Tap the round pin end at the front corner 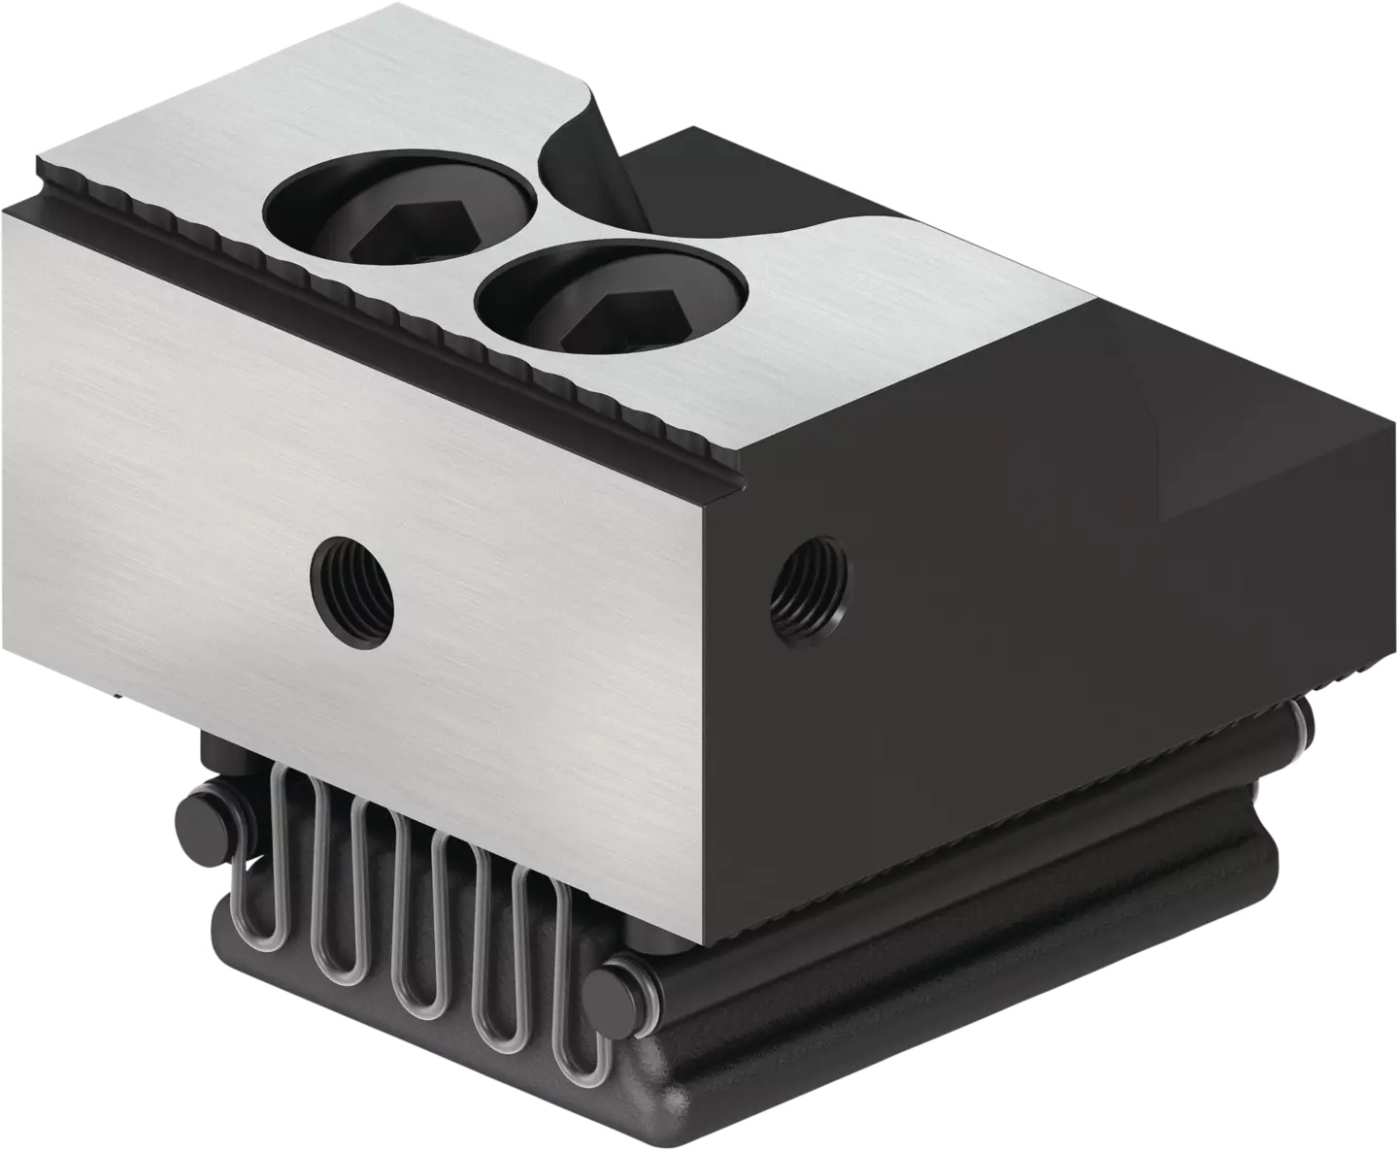tap(614, 994)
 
